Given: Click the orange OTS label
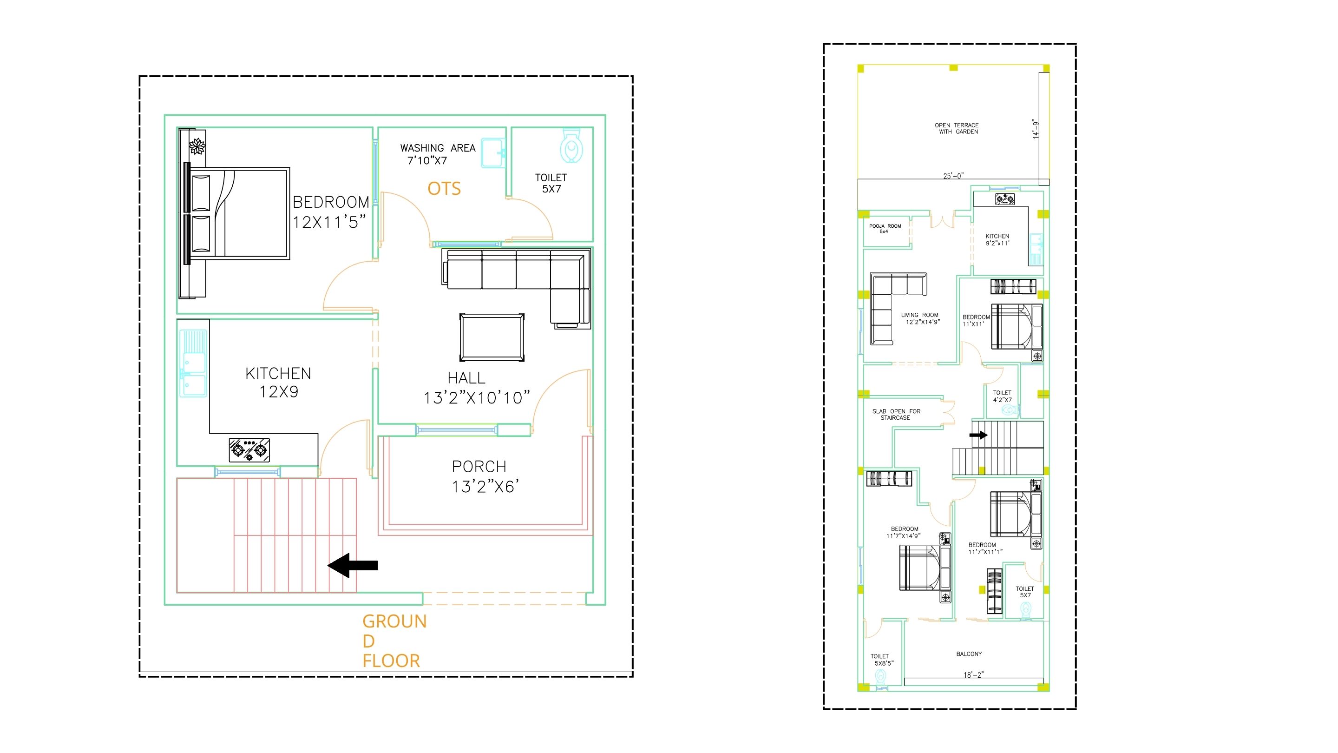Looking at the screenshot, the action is (x=444, y=188).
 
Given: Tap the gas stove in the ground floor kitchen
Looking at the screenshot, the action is (x=249, y=450).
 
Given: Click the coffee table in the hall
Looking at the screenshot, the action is (x=492, y=337).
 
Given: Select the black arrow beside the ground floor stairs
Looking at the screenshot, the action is (x=353, y=565).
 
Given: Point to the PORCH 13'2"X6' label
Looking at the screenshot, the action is (x=485, y=476).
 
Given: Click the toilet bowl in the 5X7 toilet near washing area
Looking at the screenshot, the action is (x=571, y=145).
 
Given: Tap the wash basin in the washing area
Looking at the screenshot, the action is (x=493, y=153).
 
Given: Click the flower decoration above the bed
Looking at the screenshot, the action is (x=197, y=146).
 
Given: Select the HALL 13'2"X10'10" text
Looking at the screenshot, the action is (x=476, y=388).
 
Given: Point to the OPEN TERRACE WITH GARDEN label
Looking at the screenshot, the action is (x=957, y=128).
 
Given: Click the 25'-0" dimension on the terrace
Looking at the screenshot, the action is (x=953, y=176).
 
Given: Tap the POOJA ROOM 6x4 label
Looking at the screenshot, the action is (x=885, y=229).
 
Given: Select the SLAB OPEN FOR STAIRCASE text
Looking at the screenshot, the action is (x=896, y=414).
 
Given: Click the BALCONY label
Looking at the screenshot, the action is (x=969, y=654).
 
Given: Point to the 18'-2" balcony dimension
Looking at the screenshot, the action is (x=974, y=674).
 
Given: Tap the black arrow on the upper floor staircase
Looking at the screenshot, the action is (x=979, y=435).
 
